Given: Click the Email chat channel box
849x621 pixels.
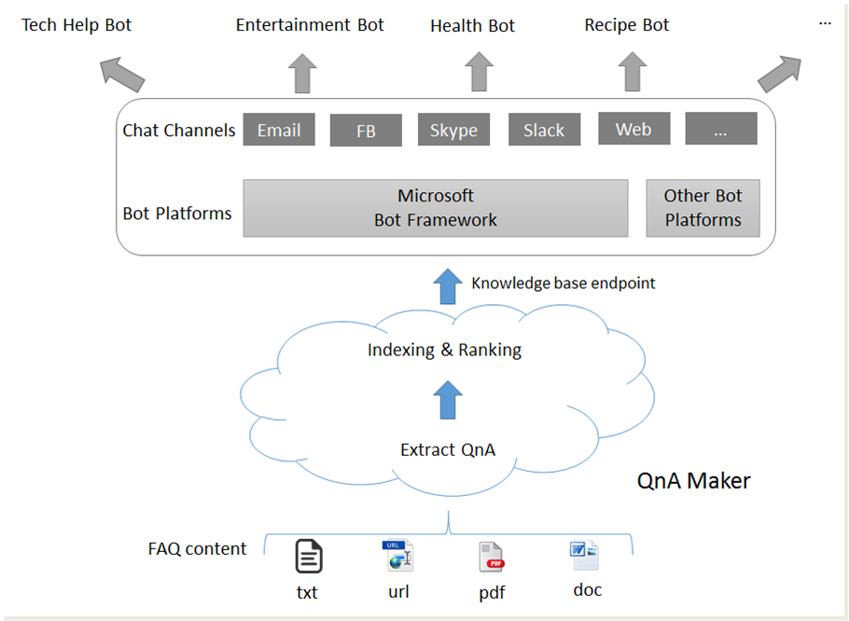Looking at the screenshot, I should coord(279,130).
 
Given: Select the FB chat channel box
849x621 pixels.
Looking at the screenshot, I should coord(366,131).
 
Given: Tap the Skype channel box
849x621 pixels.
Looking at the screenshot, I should coord(453,130).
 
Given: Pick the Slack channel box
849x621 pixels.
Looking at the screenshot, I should coord(544,130).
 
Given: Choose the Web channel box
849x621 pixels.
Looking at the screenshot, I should coord(633,129).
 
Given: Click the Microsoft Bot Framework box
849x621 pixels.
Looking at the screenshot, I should coord(435,208).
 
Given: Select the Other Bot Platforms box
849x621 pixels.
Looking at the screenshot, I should coord(703,208).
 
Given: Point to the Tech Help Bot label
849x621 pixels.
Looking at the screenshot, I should coord(77,25).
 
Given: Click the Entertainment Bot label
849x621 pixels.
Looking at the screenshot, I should coord(310,25).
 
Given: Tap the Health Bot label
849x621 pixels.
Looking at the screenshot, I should coord(472,26).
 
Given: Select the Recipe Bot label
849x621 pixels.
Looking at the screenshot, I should coord(627,25).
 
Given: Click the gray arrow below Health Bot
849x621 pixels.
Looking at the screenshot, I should coord(479,73).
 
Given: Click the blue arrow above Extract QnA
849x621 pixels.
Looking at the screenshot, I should coord(449,400).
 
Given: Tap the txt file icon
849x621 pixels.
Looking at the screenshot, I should coord(309,557).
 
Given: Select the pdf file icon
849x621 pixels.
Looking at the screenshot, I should coord(492,557).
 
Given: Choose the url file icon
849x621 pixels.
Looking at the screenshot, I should coord(398,556).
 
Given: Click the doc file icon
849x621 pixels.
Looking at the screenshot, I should coord(584,556).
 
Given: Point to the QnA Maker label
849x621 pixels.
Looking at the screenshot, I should coord(693,481).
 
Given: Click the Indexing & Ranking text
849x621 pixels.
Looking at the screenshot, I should coord(444,351).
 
